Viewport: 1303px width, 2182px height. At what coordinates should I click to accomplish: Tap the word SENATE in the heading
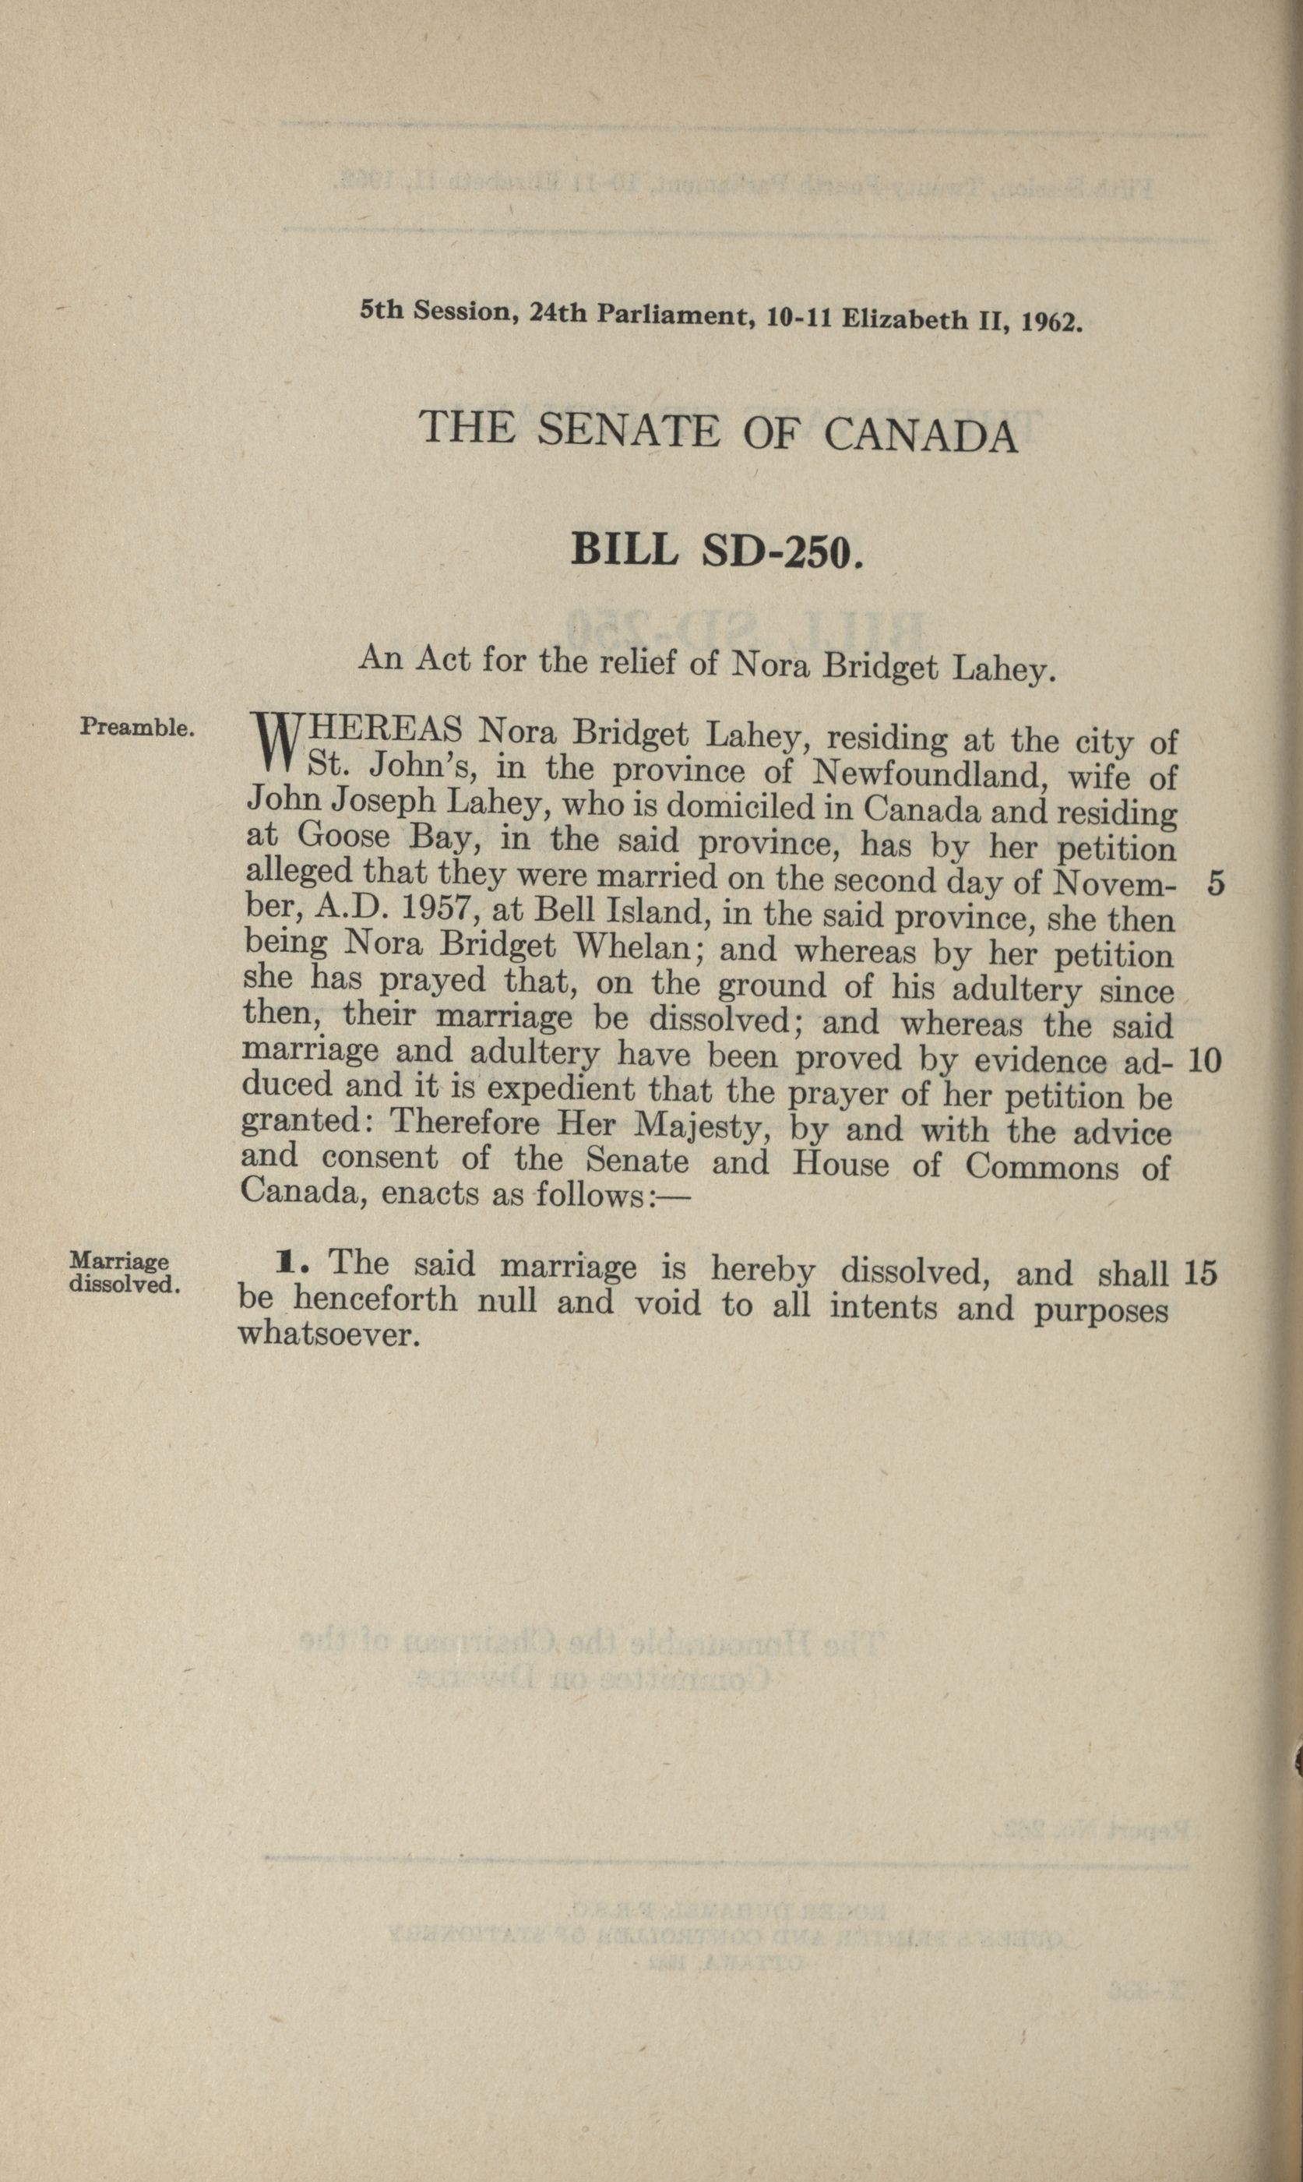coord(628,430)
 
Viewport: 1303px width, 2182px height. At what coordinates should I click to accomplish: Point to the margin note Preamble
coord(137,727)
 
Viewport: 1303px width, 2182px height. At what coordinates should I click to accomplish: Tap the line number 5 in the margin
coord(1215,883)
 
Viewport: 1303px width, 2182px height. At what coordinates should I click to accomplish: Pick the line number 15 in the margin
coord(1200,1272)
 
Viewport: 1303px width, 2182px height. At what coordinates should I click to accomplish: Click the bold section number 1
coord(285,1264)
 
